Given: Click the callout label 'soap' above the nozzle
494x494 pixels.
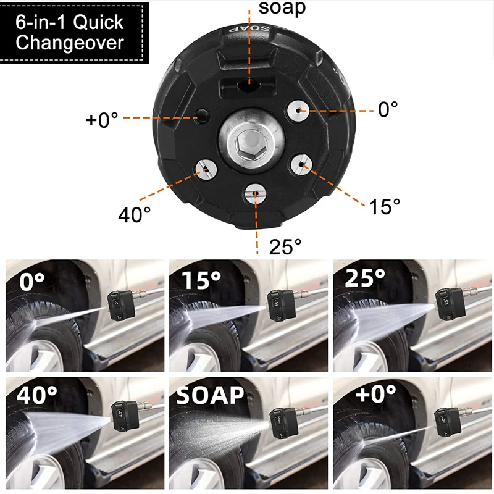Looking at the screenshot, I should point(282,8).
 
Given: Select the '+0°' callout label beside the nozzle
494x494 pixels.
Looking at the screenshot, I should point(101,119).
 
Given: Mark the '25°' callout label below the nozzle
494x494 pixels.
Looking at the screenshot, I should point(285,246).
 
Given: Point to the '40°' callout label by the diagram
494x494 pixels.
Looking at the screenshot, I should point(135,214).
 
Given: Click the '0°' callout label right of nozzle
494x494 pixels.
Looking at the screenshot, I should point(388,110).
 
